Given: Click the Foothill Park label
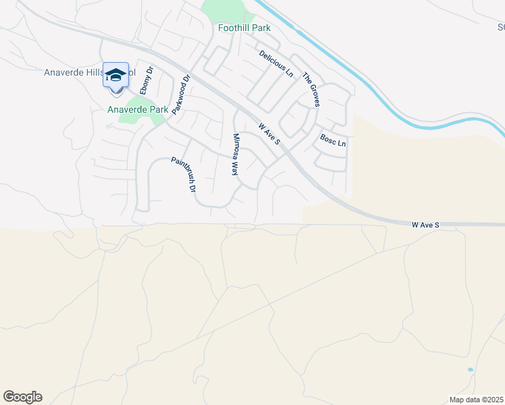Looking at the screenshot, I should point(244,28).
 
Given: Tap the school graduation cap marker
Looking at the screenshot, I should point(115,74).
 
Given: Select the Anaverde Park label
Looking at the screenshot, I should point(138,109).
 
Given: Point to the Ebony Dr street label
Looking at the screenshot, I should point(147,80).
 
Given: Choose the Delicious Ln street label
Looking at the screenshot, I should point(276,63).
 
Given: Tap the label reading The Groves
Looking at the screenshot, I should point(311,89).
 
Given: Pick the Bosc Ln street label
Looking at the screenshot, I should point(333,143).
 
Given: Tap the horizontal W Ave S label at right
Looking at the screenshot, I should point(426,223).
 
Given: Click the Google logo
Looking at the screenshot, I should point(22,397).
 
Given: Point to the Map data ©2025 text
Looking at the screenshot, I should point(477,400).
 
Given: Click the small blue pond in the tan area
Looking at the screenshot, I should point(470,370).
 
